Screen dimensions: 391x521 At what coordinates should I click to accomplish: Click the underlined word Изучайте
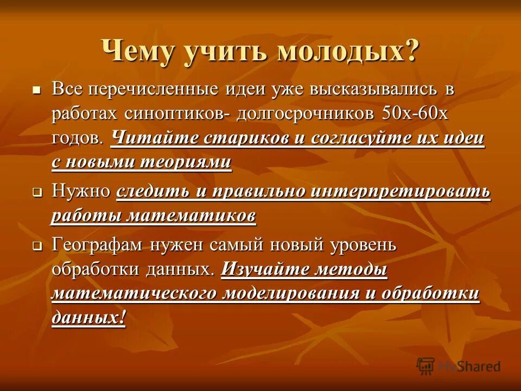(x=266, y=269)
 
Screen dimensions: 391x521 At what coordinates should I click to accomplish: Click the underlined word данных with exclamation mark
(x=88, y=317)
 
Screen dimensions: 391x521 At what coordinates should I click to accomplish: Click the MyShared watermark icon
(x=425, y=367)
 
